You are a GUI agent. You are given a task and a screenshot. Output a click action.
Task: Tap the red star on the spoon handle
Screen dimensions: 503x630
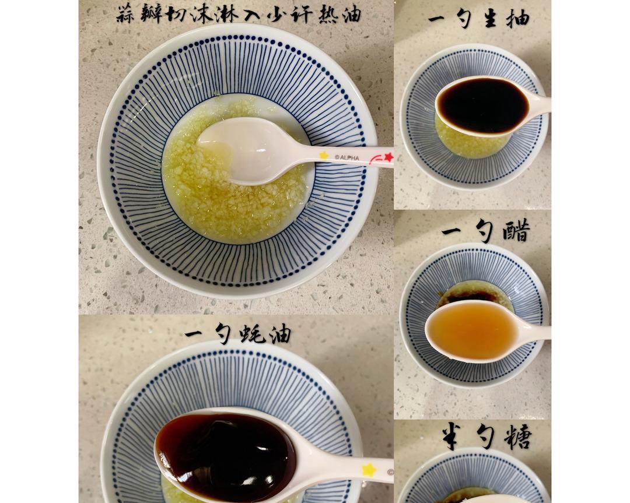(x=388, y=157)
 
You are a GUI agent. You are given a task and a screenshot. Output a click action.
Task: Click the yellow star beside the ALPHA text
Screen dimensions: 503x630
(x=324, y=155)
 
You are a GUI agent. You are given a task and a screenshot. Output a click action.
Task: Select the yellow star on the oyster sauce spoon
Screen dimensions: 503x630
(x=369, y=470)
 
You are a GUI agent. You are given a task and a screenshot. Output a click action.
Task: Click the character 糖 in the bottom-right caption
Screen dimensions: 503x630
(x=517, y=436)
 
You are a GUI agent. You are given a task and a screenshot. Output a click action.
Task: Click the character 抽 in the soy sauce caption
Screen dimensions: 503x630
(x=517, y=18)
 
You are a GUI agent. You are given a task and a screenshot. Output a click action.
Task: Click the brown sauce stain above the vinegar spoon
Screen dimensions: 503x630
(x=467, y=295)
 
